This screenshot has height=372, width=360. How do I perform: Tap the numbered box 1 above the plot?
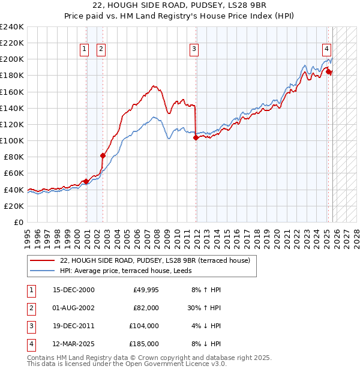click(x=85, y=50)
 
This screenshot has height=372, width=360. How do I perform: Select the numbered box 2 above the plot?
click(x=101, y=50)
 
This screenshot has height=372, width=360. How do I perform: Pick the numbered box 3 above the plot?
click(x=194, y=50)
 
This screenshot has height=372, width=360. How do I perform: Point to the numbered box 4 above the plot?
click(x=326, y=50)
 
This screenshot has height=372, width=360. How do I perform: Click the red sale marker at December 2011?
click(x=196, y=137)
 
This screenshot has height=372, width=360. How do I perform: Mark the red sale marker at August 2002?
click(x=103, y=155)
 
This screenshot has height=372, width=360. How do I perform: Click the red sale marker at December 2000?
click(x=86, y=181)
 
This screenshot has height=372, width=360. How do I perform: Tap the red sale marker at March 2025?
click(x=329, y=71)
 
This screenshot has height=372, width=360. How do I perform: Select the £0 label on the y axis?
click(x=18, y=222)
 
